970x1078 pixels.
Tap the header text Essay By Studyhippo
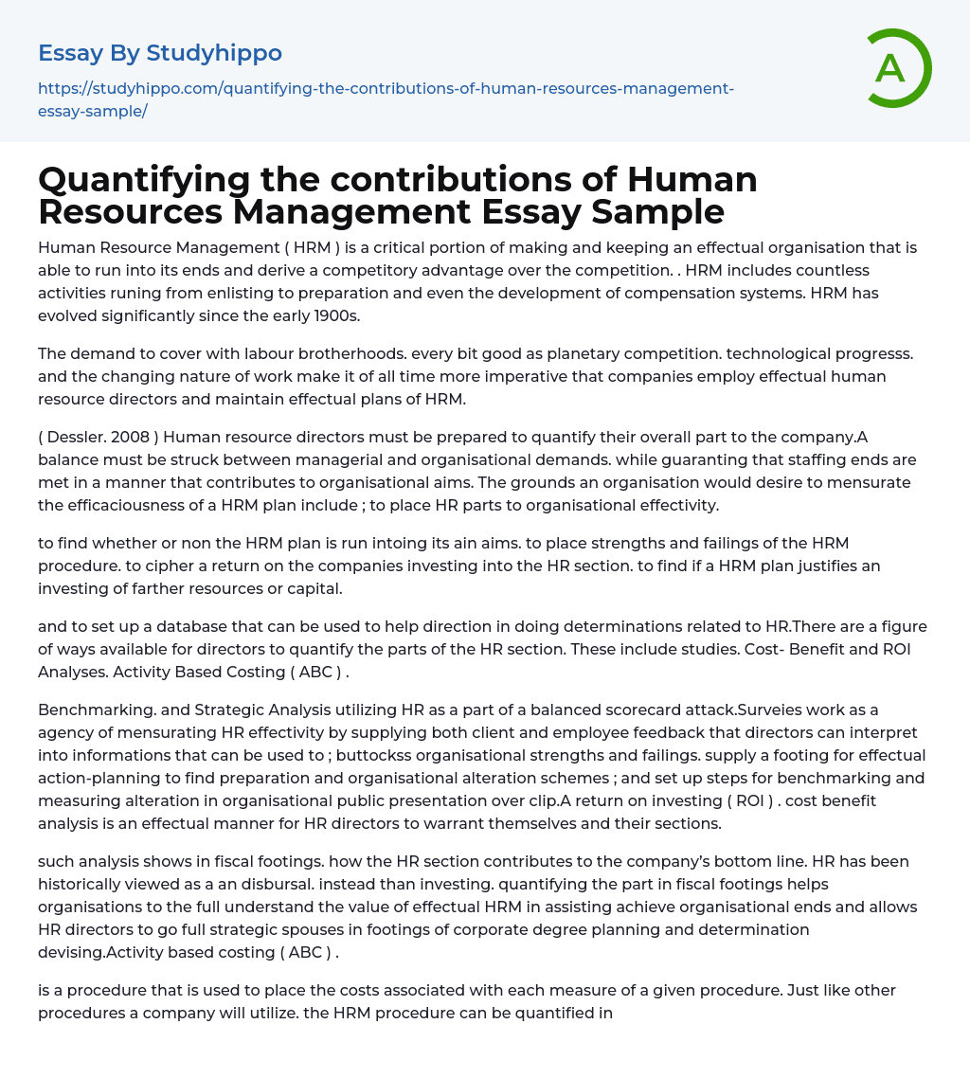tap(160, 53)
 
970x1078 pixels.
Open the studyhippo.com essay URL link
tap(386, 99)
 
